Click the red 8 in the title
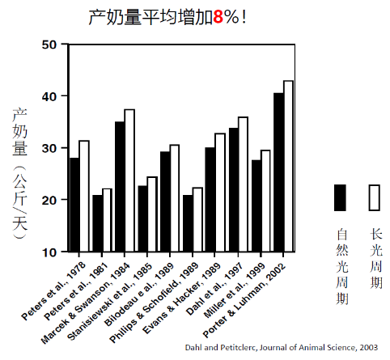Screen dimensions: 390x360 pyautogui.click(x=218, y=17)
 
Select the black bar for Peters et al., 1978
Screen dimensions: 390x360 pyautogui.click(x=74, y=205)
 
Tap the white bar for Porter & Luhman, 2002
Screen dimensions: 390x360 pyautogui.click(x=288, y=166)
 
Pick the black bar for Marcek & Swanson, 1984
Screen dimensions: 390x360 pyautogui.click(x=120, y=187)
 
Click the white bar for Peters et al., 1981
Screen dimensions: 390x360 pyautogui.click(x=107, y=220)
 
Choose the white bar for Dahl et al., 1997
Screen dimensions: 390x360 pyautogui.click(x=243, y=184)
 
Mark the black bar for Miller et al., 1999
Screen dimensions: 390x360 pyautogui.click(x=256, y=205)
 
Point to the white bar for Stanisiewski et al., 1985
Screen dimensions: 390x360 pyautogui.click(x=152, y=214)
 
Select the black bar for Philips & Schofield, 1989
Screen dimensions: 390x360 pyautogui.click(x=188, y=223)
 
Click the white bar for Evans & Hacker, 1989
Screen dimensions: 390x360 pyautogui.click(x=220, y=193)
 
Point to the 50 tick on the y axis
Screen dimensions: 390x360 pyautogui.click(x=65, y=44)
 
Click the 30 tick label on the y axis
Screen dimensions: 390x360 pyautogui.click(x=49, y=148)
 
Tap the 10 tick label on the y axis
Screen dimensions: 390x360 pyautogui.click(x=49, y=252)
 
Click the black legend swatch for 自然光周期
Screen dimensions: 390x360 pyautogui.click(x=340, y=197)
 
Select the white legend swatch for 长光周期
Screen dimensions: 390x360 pyautogui.click(x=375, y=197)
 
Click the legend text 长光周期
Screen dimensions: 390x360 pyautogui.click(x=376, y=258)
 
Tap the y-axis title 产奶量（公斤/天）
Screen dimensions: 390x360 pyautogui.click(x=19, y=173)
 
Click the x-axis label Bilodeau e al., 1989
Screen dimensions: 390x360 pyautogui.click(x=139, y=294)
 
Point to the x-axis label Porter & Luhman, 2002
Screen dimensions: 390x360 pyautogui.click(x=244, y=300)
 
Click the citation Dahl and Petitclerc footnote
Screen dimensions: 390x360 pyautogui.click(x=282, y=347)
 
